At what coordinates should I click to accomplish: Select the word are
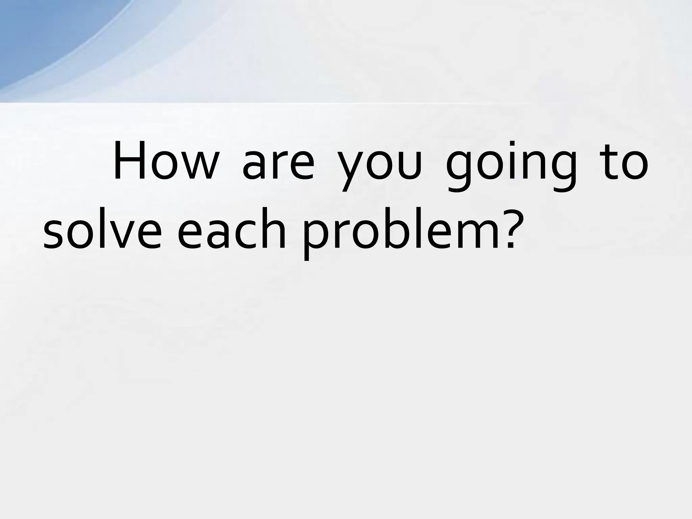278,166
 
